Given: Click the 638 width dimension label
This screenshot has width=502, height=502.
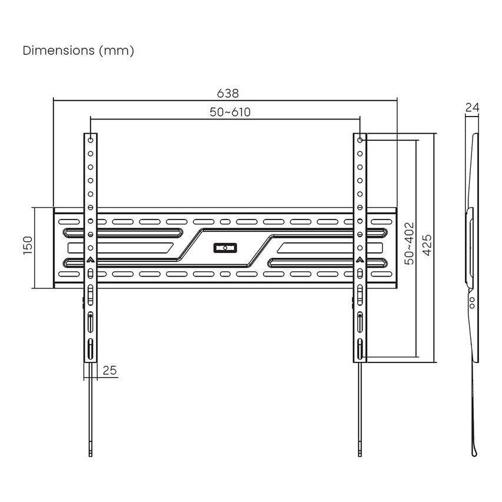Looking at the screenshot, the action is tap(228, 93).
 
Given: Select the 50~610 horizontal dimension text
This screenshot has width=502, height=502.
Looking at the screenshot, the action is tap(230, 112).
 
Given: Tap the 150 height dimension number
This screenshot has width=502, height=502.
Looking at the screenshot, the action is tap(28, 245).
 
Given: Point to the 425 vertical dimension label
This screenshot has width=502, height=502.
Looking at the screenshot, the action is tap(427, 245).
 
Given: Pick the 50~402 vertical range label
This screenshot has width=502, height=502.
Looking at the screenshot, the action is tap(409, 244).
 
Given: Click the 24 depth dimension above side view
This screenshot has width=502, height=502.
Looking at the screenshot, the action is tap(472, 107).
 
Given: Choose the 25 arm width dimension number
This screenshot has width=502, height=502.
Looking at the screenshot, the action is tap(109, 370).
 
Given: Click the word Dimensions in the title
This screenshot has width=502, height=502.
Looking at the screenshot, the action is tap(59, 50).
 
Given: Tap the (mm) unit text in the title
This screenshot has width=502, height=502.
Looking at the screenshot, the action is tap(117, 51).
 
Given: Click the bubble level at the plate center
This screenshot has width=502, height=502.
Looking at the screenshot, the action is tap(225, 248).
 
